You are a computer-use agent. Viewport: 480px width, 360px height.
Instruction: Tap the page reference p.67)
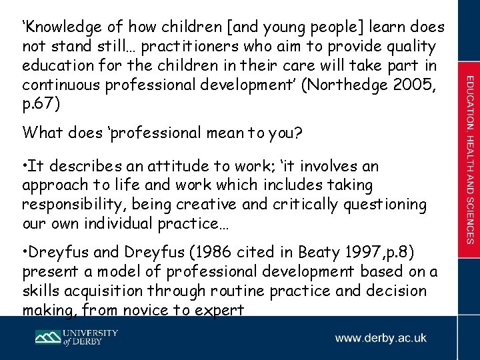click(41, 105)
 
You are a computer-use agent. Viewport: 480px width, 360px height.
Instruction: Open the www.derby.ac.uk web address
click(381, 338)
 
